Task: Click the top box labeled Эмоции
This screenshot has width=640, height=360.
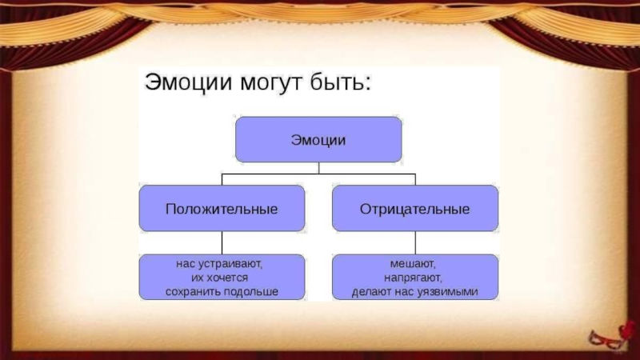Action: point(318,139)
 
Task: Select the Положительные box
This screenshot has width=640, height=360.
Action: point(222,209)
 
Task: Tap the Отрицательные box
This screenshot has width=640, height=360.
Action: point(414,209)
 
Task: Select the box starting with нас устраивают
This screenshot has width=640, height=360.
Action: point(222,277)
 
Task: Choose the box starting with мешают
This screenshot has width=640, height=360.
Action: point(414,277)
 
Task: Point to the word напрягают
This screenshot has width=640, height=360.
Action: point(414,277)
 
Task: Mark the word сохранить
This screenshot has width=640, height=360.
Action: point(192,292)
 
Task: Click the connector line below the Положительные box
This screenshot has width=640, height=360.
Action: point(222,243)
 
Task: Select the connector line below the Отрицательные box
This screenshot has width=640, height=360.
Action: point(414,243)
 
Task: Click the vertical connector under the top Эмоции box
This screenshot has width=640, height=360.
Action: point(318,167)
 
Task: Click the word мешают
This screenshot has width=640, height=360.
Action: point(414,262)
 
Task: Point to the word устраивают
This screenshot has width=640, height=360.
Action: point(231,262)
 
